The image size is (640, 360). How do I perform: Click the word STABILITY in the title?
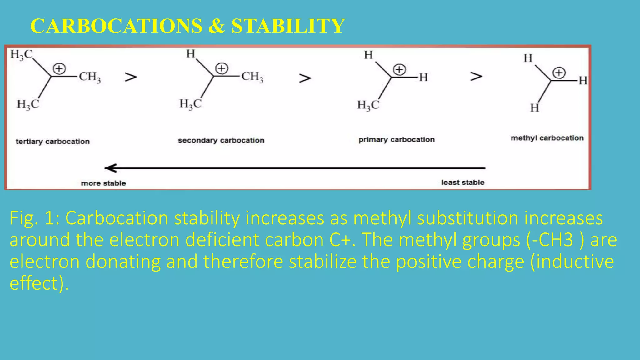click(288, 26)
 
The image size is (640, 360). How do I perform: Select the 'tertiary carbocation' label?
click(52, 142)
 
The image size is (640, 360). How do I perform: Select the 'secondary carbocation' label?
click(221, 140)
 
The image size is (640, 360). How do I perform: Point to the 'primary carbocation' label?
click(396, 139)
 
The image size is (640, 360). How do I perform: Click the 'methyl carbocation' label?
click(547, 138)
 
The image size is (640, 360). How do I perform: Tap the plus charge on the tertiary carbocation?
click(59, 69)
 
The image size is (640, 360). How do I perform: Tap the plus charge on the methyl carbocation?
click(559, 73)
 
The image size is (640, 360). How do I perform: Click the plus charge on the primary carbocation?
click(399, 70)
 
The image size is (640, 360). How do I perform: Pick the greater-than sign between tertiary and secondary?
click(131, 77)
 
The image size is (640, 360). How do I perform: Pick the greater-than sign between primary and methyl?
click(476, 76)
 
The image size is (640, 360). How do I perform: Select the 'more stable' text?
click(103, 183)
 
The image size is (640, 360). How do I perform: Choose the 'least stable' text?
click(462, 182)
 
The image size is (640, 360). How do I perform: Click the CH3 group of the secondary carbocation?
click(252, 77)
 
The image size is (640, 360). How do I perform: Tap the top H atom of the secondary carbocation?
click(190, 54)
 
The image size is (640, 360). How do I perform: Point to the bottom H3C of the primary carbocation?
click(368, 105)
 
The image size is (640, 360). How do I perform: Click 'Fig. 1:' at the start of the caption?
click(34, 218)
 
